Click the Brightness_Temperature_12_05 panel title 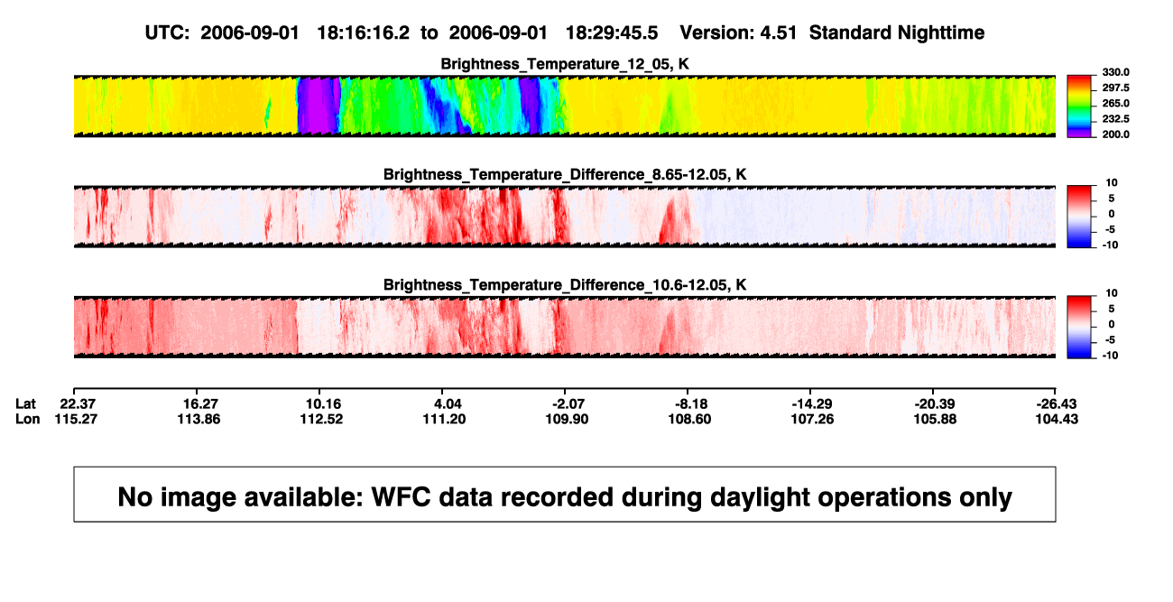coord(565,64)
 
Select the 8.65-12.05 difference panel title coord(565,174)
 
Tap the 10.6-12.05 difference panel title coord(565,285)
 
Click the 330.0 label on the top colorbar coord(1115,72)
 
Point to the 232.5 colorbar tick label coord(1115,119)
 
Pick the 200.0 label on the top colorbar coord(1115,134)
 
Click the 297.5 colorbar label coord(1115,88)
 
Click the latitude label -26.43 coord(1057,404)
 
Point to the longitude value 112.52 coord(321,419)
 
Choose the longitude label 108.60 coord(689,419)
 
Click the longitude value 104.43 coord(1057,419)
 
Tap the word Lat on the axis coord(25,404)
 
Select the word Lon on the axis coord(27,419)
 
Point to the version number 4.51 coord(778,33)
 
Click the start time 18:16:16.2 coord(364,33)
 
